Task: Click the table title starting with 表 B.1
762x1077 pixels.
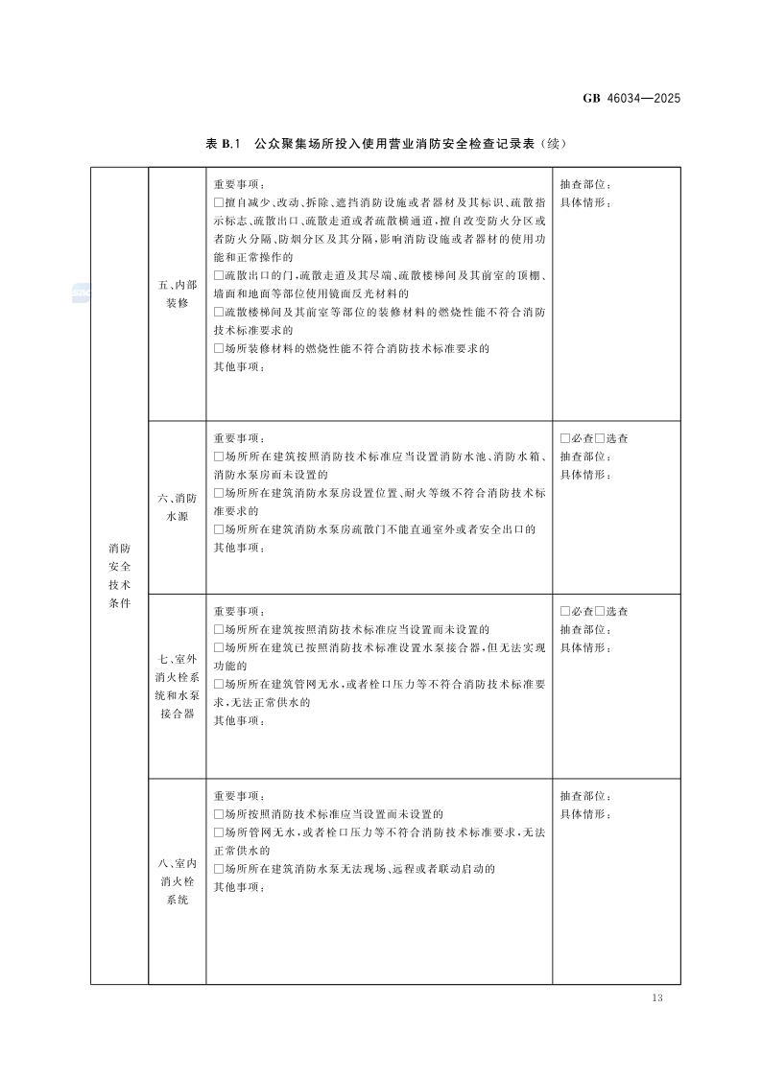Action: (x=387, y=144)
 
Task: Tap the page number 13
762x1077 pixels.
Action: (x=656, y=998)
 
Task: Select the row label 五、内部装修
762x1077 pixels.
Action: (x=177, y=293)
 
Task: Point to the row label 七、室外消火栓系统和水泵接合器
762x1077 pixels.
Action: (x=177, y=686)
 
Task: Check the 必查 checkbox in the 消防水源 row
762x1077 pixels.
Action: (x=565, y=438)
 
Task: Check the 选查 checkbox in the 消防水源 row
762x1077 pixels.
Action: (x=600, y=438)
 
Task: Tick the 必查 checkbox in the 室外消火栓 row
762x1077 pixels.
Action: (x=565, y=612)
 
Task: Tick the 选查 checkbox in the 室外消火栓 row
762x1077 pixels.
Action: (x=600, y=612)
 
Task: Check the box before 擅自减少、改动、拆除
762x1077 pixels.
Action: (x=219, y=202)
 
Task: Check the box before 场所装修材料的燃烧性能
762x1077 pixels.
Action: (x=219, y=348)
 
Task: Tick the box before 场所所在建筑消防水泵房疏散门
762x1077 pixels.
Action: (x=219, y=529)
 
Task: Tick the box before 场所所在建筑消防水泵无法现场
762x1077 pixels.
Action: (x=219, y=869)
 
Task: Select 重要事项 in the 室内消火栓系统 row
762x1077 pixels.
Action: (x=236, y=796)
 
